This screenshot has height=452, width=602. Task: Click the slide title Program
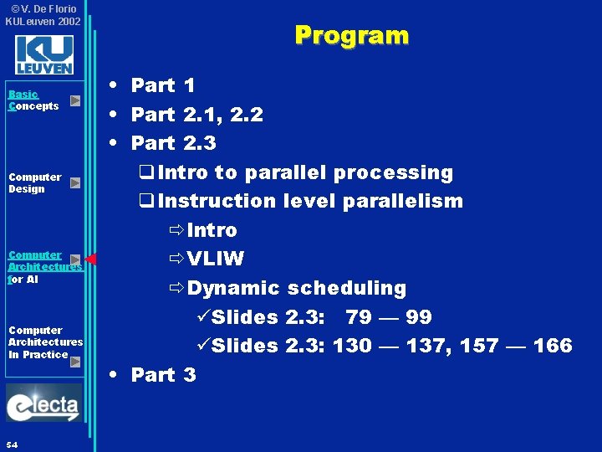pyautogui.click(x=351, y=35)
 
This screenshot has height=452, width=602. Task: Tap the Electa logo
pyautogui.click(x=43, y=405)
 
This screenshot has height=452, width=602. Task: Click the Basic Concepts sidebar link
pyautogui.click(x=33, y=100)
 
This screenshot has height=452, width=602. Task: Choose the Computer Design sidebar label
pyautogui.click(x=34, y=182)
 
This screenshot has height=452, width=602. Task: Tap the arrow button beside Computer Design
pyautogui.click(x=75, y=182)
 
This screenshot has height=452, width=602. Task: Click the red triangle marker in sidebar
pyautogui.click(x=90, y=259)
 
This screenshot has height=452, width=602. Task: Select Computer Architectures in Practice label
pyautogui.click(x=45, y=342)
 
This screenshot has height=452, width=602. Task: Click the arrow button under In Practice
pyautogui.click(x=75, y=362)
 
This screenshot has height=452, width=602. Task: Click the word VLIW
pyautogui.click(x=216, y=259)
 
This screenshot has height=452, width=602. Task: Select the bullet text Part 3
pyautogui.click(x=163, y=375)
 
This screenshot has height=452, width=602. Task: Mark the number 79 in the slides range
pyautogui.click(x=358, y=317)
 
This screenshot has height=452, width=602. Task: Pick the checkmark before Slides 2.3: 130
pyautogui.click(x=199, y=346)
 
